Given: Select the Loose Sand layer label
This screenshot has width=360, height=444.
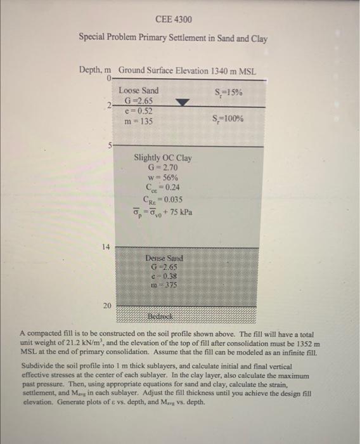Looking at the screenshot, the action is tap(138, 91).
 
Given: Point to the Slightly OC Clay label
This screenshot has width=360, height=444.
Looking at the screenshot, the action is tap(163, 158).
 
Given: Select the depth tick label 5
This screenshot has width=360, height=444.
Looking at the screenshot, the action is tap(109, 145).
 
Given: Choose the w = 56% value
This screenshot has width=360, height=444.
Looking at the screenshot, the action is tap(162, 178).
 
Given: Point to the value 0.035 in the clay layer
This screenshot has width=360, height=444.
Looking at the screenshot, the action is tap(170, 199).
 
